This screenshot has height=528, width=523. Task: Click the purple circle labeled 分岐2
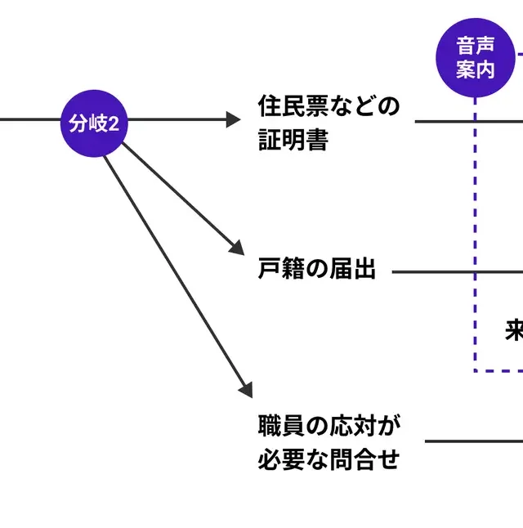coord(94,123)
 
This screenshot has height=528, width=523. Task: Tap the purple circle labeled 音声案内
coord(476,57)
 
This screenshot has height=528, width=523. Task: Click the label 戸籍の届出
coord(317,269)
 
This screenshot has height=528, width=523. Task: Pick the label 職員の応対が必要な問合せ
coord(329,442)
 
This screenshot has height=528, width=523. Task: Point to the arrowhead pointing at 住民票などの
coord(233,120)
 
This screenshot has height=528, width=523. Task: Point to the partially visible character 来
coord(514,330)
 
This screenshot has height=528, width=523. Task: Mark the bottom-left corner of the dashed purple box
coord(476,371)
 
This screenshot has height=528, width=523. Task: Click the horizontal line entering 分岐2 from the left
coord(29,120)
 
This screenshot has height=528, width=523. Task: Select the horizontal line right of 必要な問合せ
coord(474,441)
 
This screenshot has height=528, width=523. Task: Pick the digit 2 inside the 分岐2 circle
coord(114,124)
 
